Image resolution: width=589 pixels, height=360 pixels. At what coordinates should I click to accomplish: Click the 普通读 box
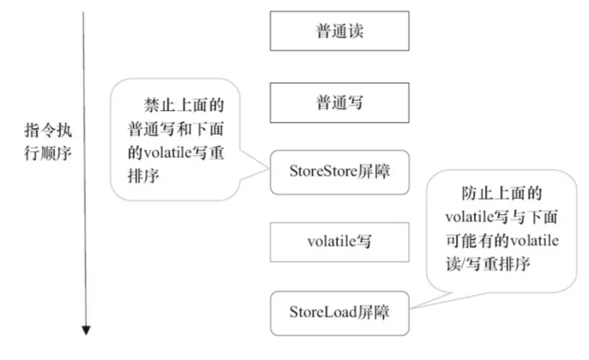pos(340,31)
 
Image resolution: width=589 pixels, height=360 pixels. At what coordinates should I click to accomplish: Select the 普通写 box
pos(340,103)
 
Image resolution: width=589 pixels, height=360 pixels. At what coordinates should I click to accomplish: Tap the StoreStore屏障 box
pos(340,170)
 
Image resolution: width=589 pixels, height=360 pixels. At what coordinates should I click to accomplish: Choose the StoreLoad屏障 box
pos(340,311)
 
